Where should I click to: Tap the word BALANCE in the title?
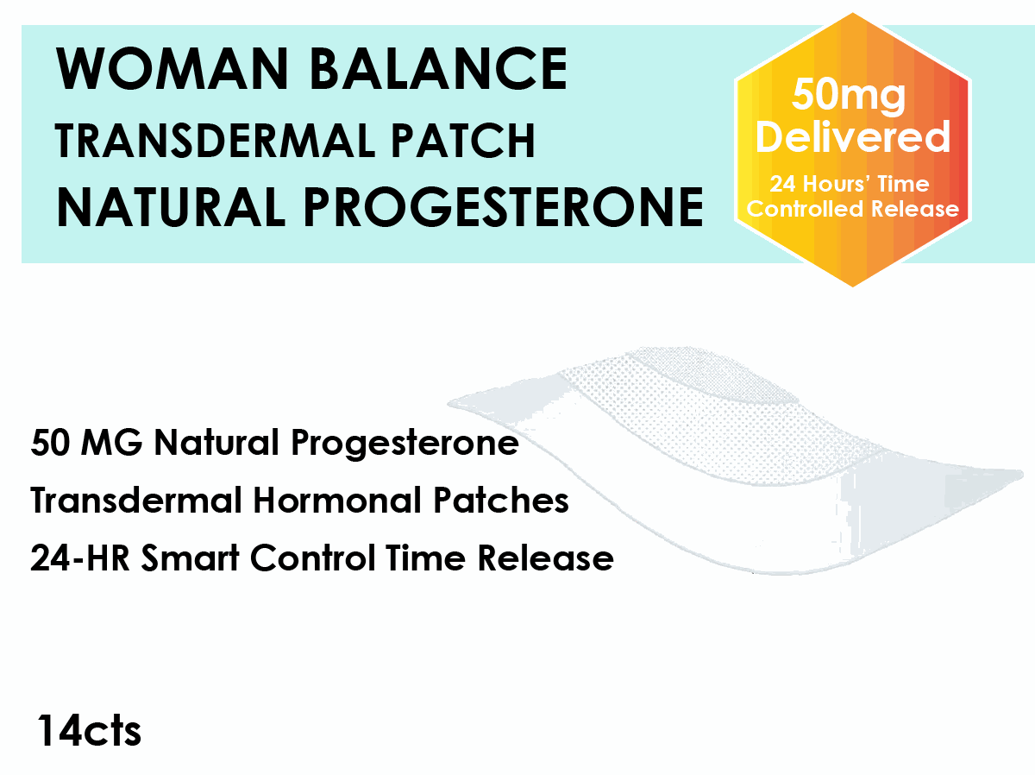click(438, 69)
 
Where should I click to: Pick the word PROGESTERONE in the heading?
click(505, 208)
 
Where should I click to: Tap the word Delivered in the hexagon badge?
click(853, 137)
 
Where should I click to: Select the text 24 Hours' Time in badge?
click(850, 184)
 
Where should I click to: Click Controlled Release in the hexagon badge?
click(853, 209)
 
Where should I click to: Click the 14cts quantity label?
click(89, 731)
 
